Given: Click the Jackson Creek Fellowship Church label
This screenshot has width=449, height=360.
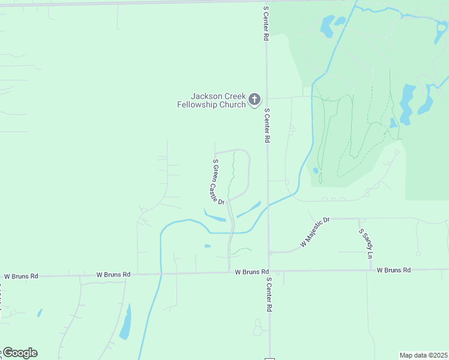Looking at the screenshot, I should (211, 100).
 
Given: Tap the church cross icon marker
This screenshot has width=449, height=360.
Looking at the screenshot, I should (255, 100).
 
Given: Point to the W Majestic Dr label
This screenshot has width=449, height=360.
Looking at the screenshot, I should (315, 233).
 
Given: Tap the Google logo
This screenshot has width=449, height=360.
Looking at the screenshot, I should (19, 353).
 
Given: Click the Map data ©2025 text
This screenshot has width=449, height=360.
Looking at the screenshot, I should (424, 355).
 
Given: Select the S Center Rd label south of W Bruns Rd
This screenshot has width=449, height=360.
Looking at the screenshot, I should (270, 295).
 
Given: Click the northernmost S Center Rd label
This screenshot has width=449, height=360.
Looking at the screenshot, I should (265, 24).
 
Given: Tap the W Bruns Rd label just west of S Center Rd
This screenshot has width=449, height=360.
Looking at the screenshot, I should (252, 272).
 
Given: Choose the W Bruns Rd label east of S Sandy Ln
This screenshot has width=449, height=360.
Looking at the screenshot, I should (394, 270).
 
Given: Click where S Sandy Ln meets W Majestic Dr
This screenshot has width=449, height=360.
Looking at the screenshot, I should (360, 219).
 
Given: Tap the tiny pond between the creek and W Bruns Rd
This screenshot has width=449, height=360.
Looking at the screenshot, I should (207, 245).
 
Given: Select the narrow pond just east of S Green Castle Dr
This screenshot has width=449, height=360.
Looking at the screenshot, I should (249, 210).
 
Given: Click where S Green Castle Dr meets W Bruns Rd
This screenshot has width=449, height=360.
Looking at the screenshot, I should (229, 272).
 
